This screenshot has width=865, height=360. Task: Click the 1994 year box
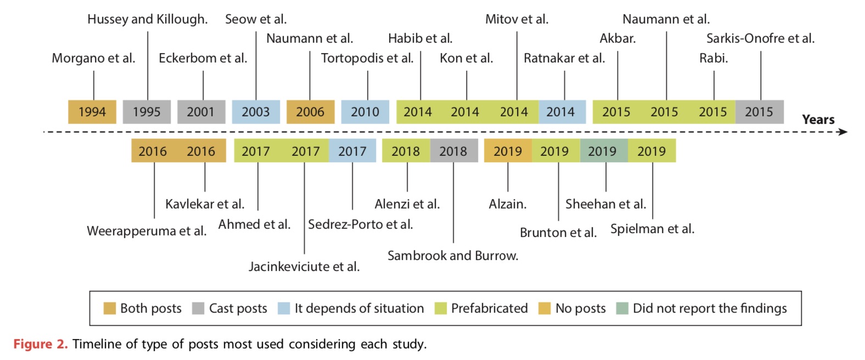click(x=92, y=112)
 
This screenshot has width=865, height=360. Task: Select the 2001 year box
click(x=201, y=112)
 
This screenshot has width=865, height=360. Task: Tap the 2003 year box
click(x=256, y=112)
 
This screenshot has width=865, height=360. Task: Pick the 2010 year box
click(x=365, y=112)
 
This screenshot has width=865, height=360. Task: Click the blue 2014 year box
click(x=561, y=112)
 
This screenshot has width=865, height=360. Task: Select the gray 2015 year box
click(x=759, y=112)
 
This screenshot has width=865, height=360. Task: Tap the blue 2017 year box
click(x=352, y=151)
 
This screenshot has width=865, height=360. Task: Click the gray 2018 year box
click(x=453, y=151)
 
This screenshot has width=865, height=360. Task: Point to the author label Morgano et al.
click(x=93, y=58)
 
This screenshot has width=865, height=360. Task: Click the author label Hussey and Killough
click(x=148, y=19)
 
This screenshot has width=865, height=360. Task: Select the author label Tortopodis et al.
click(x=367, y=58)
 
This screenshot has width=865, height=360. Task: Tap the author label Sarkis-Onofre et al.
click(x=760, y=38)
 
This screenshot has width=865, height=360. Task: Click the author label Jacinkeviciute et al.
click(x=304, y=267)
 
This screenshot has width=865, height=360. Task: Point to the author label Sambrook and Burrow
click(x=453, y=256)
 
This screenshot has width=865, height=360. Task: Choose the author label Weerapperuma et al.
click(x=147, y=231)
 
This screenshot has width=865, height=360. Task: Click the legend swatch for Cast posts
click(x=198, y=308)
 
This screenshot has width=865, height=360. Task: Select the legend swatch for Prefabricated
click(x=440, y=308)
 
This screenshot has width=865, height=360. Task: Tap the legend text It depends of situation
click(x=359, y=308)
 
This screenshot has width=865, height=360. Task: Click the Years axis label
click(x=818, y=120)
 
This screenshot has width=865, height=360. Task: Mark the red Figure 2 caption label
click(x=41, y=344)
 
